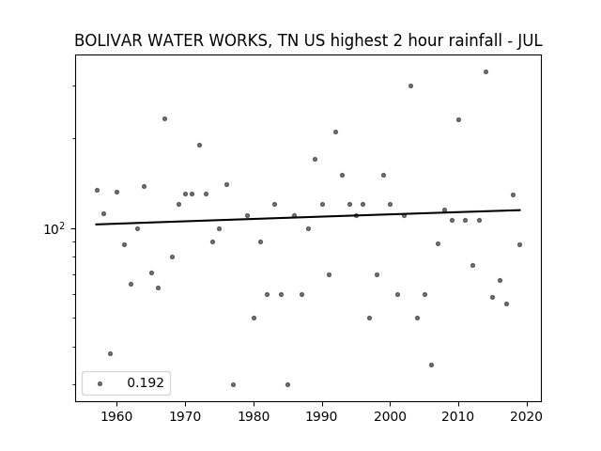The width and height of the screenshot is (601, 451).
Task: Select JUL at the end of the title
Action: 530,40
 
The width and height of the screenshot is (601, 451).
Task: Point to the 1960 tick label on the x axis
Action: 116,416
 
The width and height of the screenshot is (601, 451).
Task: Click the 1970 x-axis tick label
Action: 185,416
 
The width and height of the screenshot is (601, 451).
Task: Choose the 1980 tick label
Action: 254,416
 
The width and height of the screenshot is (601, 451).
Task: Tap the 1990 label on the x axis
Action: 322,416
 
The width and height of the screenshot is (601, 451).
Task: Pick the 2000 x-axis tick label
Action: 391,416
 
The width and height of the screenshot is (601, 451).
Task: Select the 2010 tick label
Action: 458,416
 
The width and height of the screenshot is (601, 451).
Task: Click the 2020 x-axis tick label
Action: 527,416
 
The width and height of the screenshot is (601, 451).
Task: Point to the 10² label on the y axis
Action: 54,228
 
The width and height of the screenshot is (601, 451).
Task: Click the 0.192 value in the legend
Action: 146,382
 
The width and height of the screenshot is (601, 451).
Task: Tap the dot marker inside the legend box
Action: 100,383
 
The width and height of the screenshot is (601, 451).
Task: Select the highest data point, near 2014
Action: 485,71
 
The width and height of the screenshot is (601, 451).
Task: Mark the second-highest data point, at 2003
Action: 410,86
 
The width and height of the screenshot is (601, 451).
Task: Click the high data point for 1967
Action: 164,119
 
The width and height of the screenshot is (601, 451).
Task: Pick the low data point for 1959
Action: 110,353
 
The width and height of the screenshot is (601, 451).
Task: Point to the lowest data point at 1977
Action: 233,384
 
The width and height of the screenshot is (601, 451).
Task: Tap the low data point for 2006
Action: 431,365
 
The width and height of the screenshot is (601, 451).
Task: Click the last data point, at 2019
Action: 519,244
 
